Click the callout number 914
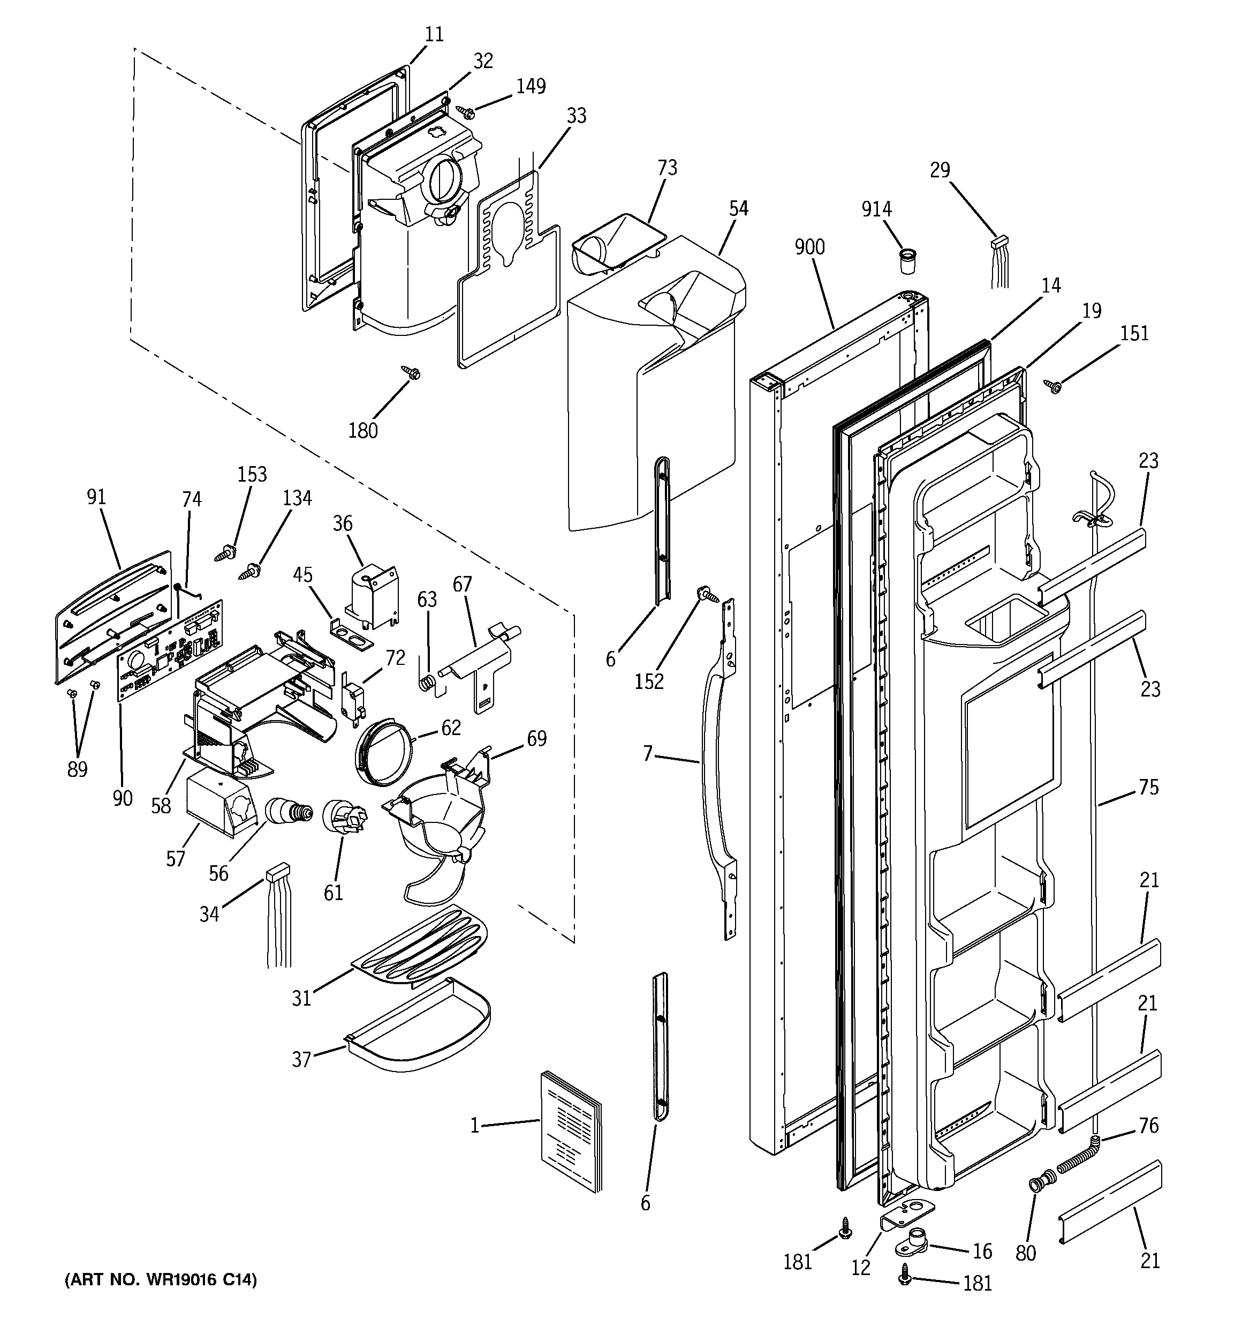point(876,209)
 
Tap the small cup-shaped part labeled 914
point(907,261)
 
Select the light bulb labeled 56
point(288,812)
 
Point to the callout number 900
point(809,248)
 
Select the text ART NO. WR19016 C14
point(160,1279)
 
